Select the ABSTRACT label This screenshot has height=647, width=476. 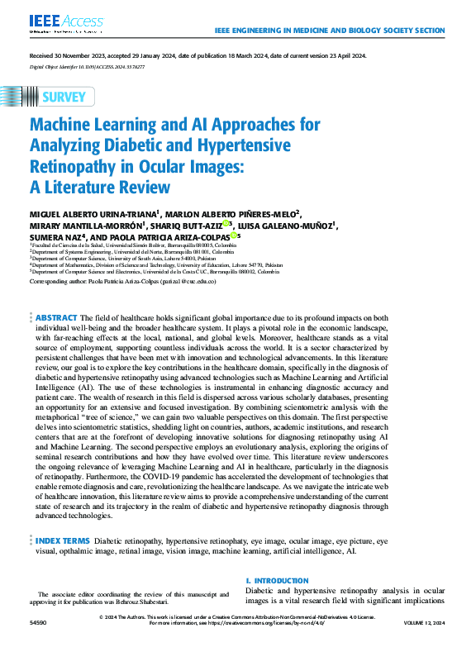[56, 317]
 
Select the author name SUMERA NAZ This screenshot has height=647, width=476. [55, 235]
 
